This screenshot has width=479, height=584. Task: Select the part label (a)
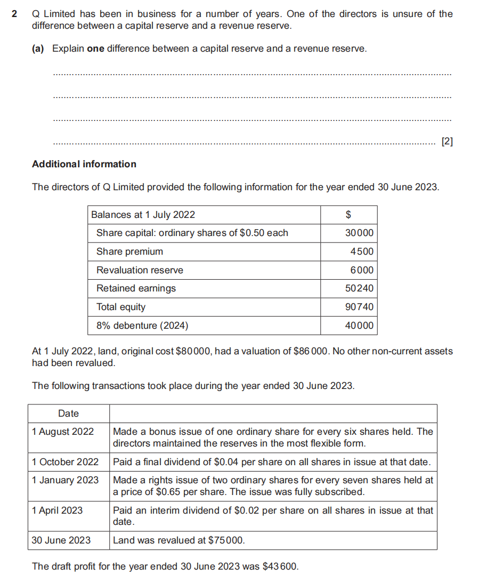38,48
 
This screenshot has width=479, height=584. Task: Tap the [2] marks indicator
448,142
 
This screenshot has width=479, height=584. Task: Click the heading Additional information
84,164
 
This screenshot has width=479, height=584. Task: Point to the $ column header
348,215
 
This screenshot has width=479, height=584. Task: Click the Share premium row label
129,252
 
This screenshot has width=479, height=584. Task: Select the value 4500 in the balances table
362,252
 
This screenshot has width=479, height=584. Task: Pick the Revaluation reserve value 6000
362,270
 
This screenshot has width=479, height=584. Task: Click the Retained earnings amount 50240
360,288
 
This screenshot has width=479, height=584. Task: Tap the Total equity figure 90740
360,307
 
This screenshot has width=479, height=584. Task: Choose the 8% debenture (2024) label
142,326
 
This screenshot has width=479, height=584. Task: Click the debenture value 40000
360,326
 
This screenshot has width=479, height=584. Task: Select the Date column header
68,413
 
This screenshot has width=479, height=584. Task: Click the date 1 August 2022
63,432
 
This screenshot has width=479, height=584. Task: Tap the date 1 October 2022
65,461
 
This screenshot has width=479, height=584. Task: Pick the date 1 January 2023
65,480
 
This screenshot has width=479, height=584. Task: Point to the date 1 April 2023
57,510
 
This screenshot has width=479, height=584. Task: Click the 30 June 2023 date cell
61,540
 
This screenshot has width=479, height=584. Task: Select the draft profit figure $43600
281,566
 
